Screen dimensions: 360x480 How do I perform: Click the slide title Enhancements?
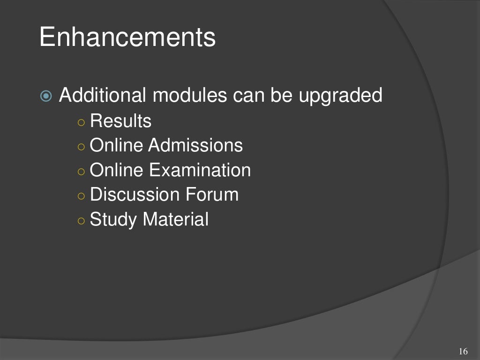pos(127,37)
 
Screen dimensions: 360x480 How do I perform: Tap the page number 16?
pos(464,352)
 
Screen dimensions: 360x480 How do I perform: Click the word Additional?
pos(102,96)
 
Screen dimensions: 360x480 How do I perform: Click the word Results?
pos(120,121)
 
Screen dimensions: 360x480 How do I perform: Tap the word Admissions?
pos(195,146)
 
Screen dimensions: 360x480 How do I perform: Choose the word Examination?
pos(200,170)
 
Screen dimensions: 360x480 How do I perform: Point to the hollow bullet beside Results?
pos(81,122)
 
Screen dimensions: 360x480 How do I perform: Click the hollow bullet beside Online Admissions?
pos(81,147)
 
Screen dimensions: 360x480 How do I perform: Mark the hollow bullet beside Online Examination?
pos(81,171)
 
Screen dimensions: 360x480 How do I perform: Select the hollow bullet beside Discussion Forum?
pos(81,195)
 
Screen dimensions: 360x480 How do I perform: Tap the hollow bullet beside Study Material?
pos(81,220)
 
